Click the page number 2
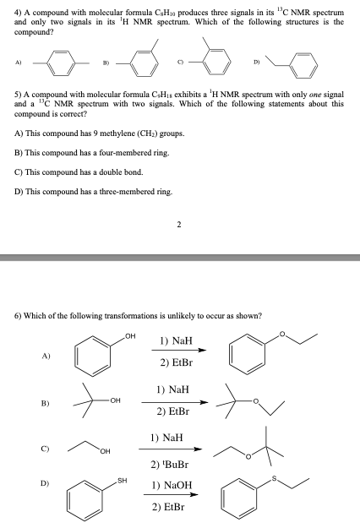178,225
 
